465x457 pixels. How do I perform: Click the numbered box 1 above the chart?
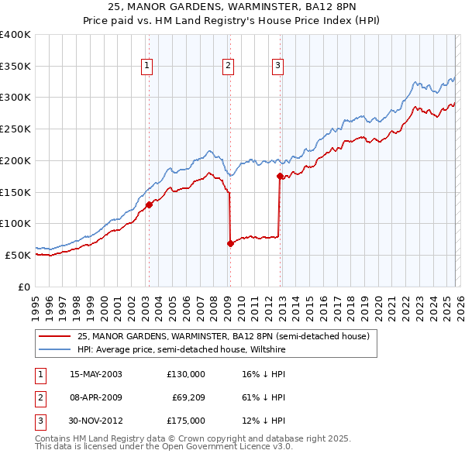point(146,67)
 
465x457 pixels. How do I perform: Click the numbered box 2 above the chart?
point(229,67)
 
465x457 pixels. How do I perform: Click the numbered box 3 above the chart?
point(277,67)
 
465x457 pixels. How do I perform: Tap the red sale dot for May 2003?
point(150,204)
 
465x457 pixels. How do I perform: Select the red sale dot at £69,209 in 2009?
point(230,243)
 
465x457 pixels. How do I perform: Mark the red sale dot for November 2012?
point(281,177)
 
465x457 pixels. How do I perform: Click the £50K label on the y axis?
point(19,255)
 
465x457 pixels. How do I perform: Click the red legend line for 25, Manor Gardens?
point(54,336)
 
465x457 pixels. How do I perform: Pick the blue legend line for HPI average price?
point(54,350)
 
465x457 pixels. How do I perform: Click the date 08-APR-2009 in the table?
point(96,397)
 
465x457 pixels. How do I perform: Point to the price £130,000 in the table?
point(186,374)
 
